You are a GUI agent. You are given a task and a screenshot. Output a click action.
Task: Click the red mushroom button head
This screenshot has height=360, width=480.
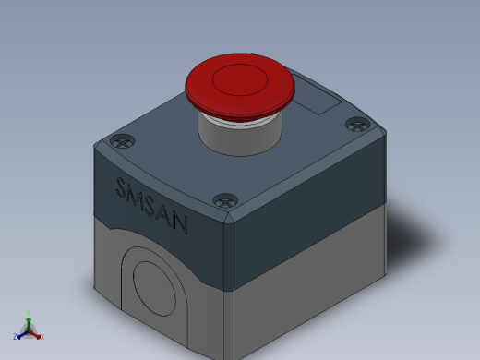(x=240, y=86)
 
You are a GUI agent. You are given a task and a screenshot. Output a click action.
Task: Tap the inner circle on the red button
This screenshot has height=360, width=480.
(x=240, y=79)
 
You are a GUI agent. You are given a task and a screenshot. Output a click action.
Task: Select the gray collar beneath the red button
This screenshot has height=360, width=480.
(x=240, y=138)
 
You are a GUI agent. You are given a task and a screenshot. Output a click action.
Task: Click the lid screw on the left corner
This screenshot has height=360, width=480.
(x=122, y=142)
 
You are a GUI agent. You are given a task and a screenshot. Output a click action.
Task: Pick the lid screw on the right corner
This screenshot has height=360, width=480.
(x=358, y=125)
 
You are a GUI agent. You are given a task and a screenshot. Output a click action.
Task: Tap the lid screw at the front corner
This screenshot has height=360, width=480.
(x=225, y=201)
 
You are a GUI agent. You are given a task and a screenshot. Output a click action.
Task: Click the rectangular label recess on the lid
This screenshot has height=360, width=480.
(x=317, y=95)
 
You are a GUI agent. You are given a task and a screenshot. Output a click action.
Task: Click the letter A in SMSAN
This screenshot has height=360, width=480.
(x=164, y=214)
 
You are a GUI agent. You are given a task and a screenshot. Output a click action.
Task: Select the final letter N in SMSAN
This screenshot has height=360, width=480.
(x=180, y=223)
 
